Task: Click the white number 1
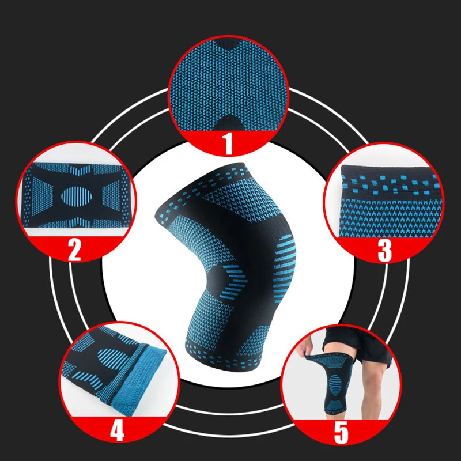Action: (x=228, y=143)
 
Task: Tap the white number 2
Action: (x=74, y=250)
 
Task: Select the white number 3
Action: (x=384, y=251)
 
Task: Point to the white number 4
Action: (x=117, y=431)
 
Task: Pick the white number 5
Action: (x=341, y=433)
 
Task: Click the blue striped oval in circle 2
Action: (x=77, y=196)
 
